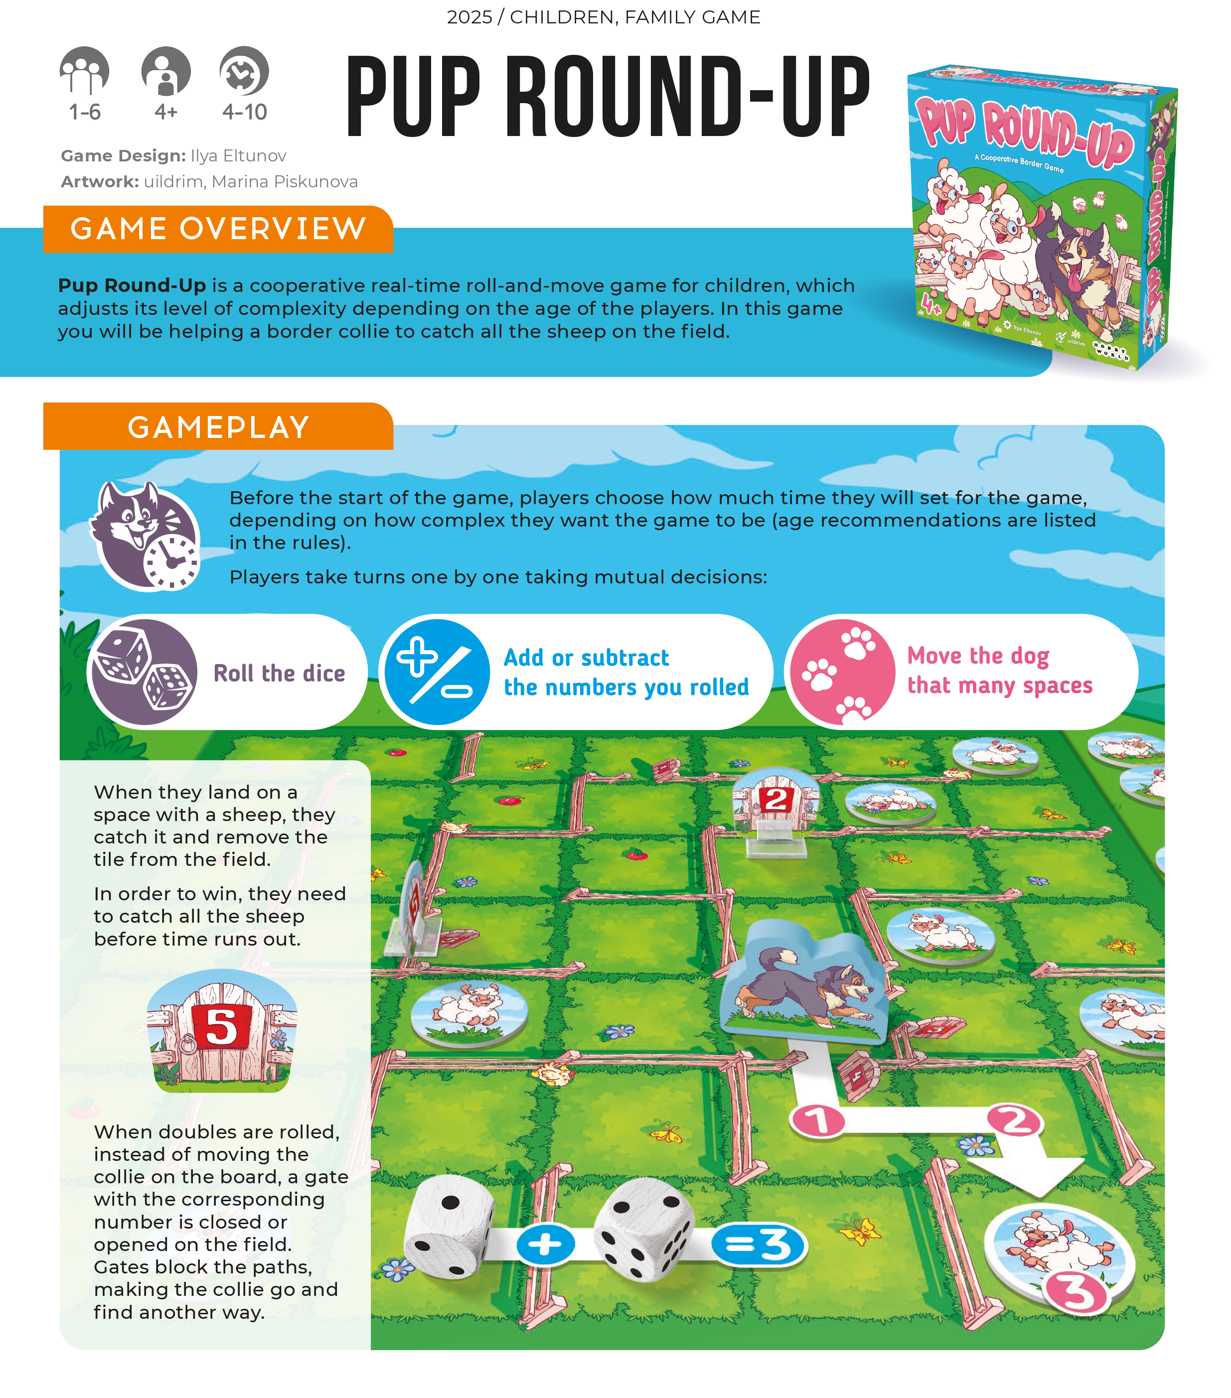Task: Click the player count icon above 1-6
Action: click(x=84, y=70)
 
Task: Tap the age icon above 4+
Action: click(x=165, y=70)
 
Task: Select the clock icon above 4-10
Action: click(x=244, y=70)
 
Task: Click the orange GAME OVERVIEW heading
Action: click(x=218, y=229)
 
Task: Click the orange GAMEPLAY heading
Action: click(x=218, y=427)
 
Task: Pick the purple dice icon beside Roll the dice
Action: click(x=144, y=672)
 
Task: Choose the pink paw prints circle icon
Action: click(x=842, y=672)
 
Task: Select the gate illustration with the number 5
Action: click(x=222, y=1030)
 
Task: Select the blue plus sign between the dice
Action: click(x=545, y=1244)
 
